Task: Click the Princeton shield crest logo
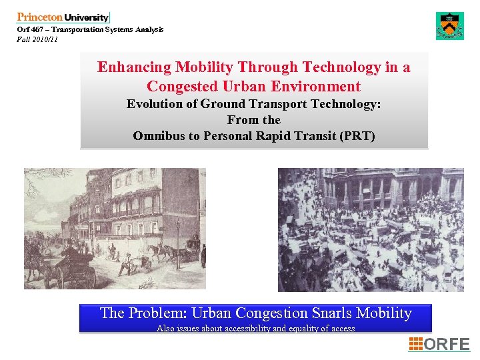click(x=449, y=26)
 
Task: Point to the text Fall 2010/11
click(x=37, y=39)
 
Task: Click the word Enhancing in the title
click(x=134, y=67)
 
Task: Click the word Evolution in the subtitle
click(x=157, y=104)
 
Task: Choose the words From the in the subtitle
click(x=253, y=120)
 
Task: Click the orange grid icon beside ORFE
click(x=415, y=344)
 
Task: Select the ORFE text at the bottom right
click(x=447, y=344)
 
